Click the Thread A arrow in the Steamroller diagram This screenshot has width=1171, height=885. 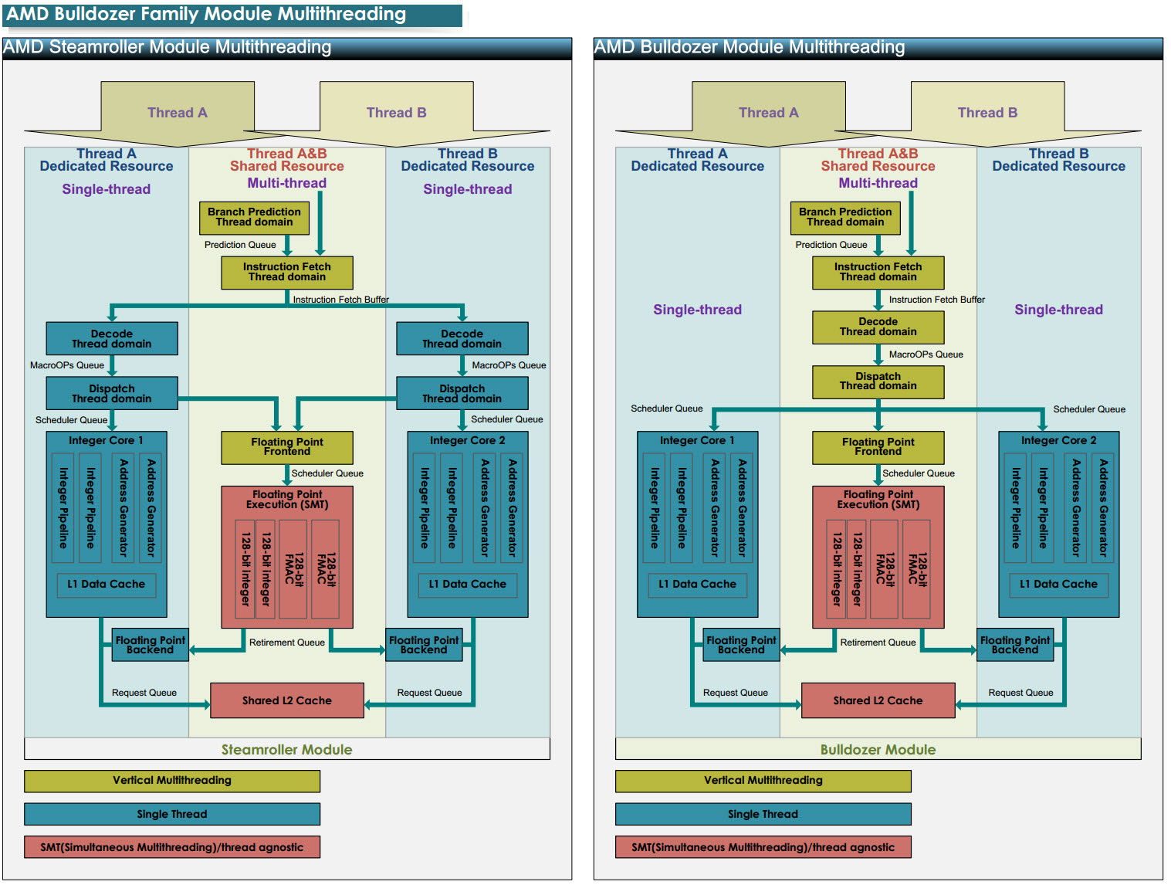point(178,113)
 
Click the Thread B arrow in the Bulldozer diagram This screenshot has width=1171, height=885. point(987,113)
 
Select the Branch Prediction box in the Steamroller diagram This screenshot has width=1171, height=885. point(254,217)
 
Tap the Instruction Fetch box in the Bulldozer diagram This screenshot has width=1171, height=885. point(878,272)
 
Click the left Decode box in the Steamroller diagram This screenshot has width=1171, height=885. point(112,338)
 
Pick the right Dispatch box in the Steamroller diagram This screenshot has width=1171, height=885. point(462,393)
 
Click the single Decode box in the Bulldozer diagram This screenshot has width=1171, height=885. point(878,327)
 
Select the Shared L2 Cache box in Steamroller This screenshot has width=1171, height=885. point(286,700)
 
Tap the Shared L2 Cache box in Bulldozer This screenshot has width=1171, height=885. point(878,700)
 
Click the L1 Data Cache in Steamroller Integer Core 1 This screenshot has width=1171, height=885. point(107,585)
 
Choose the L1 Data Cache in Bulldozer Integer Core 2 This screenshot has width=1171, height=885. point(1058,585)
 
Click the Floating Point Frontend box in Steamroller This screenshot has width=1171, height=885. point(286,447)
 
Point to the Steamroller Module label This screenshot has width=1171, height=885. point(286,749)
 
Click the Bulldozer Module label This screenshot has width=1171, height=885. point(878,749)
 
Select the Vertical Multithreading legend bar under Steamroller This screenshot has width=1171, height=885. point(171,781)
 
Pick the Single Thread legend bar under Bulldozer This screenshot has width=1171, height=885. point(763,814)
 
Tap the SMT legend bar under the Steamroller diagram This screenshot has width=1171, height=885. point(171,847)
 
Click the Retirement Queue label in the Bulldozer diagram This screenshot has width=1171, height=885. point(878,643)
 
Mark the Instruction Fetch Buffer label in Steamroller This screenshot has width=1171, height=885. point(340,300)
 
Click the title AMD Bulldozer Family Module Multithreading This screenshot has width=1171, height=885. point(206,14)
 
